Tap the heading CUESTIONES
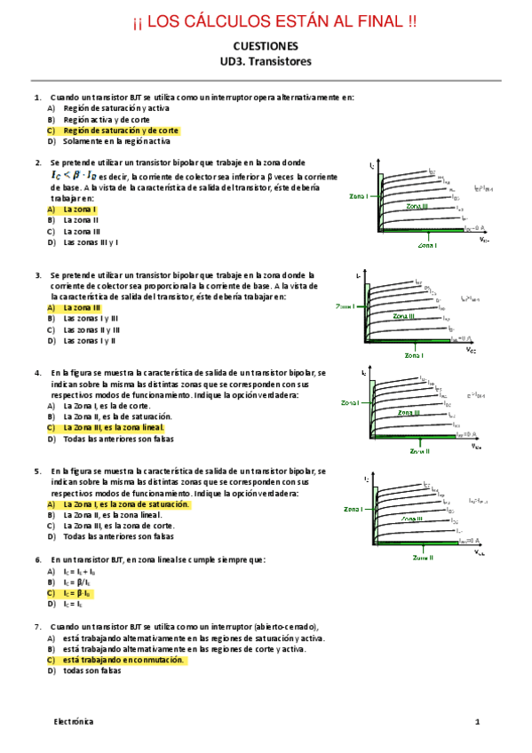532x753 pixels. pos(266,46)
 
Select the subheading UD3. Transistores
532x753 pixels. pos(266,61)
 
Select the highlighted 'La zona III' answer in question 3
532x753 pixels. pos(87,307)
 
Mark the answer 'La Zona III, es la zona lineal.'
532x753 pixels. pos(113,427)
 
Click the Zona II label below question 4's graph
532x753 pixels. pos(419,450)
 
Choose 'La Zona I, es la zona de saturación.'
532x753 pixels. pos(126,503)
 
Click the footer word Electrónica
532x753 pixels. pos(71,722)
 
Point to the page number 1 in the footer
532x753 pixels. pos(477,722)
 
